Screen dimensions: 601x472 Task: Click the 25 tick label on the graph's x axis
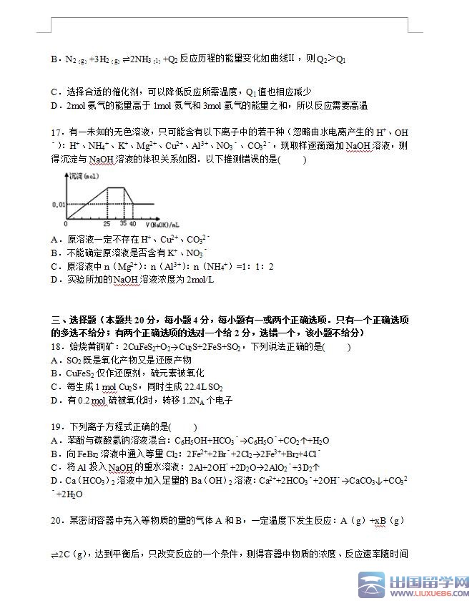pyautogui.click(x=107, y=224)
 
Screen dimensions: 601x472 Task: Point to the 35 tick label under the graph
pyautogui.click(x=124, y=224)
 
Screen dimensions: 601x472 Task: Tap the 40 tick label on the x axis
pyautogui.click(x=133, y=224)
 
